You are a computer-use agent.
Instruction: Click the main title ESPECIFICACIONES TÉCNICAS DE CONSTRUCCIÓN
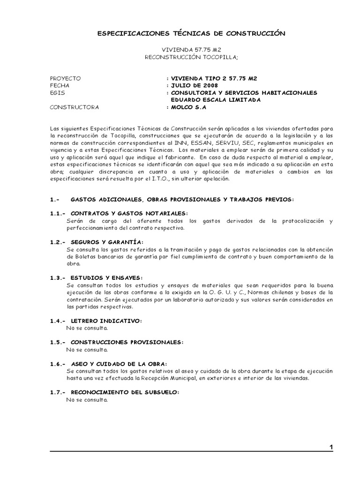(x=191, y=34)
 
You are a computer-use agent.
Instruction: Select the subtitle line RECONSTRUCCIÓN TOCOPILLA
(x=191, y=57)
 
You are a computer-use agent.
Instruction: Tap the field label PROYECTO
(x=65, y=78)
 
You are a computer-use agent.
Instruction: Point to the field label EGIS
(x=58, y=93)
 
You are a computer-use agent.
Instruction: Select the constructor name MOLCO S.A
(x=188, y=107)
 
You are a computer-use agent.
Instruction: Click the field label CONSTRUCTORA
(x=75, y=107)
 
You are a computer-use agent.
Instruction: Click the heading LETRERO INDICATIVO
(x=106, y=321)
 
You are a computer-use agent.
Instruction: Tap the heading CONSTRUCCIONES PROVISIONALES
(x=127, y=342)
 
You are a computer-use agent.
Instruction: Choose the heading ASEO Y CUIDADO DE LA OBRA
(x=119, y=364)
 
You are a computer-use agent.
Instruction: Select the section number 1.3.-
(x=58, y=277)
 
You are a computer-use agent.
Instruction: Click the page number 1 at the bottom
(x=331, y=448)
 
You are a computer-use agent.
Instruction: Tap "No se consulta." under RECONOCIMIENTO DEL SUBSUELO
(x=87, y=400)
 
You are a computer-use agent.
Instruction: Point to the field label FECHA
(x=60, y=86)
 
